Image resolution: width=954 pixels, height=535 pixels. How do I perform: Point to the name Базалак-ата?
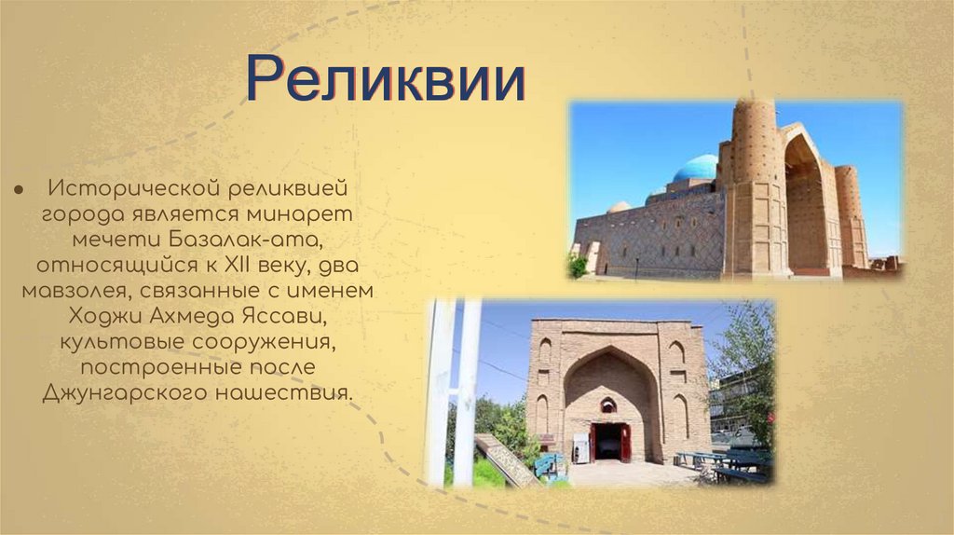pos(234,240)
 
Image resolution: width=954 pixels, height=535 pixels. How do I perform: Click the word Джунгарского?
pos(125,392)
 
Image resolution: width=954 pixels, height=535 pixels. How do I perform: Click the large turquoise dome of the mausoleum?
pos(696,168)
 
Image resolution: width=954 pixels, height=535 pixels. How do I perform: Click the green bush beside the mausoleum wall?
pos(578,266)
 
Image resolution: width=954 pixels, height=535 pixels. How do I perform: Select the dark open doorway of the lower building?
pos(609,442)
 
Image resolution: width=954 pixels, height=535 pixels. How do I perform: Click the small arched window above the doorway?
pos(608,405)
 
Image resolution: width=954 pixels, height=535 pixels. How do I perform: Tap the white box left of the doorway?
pos(579,448)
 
